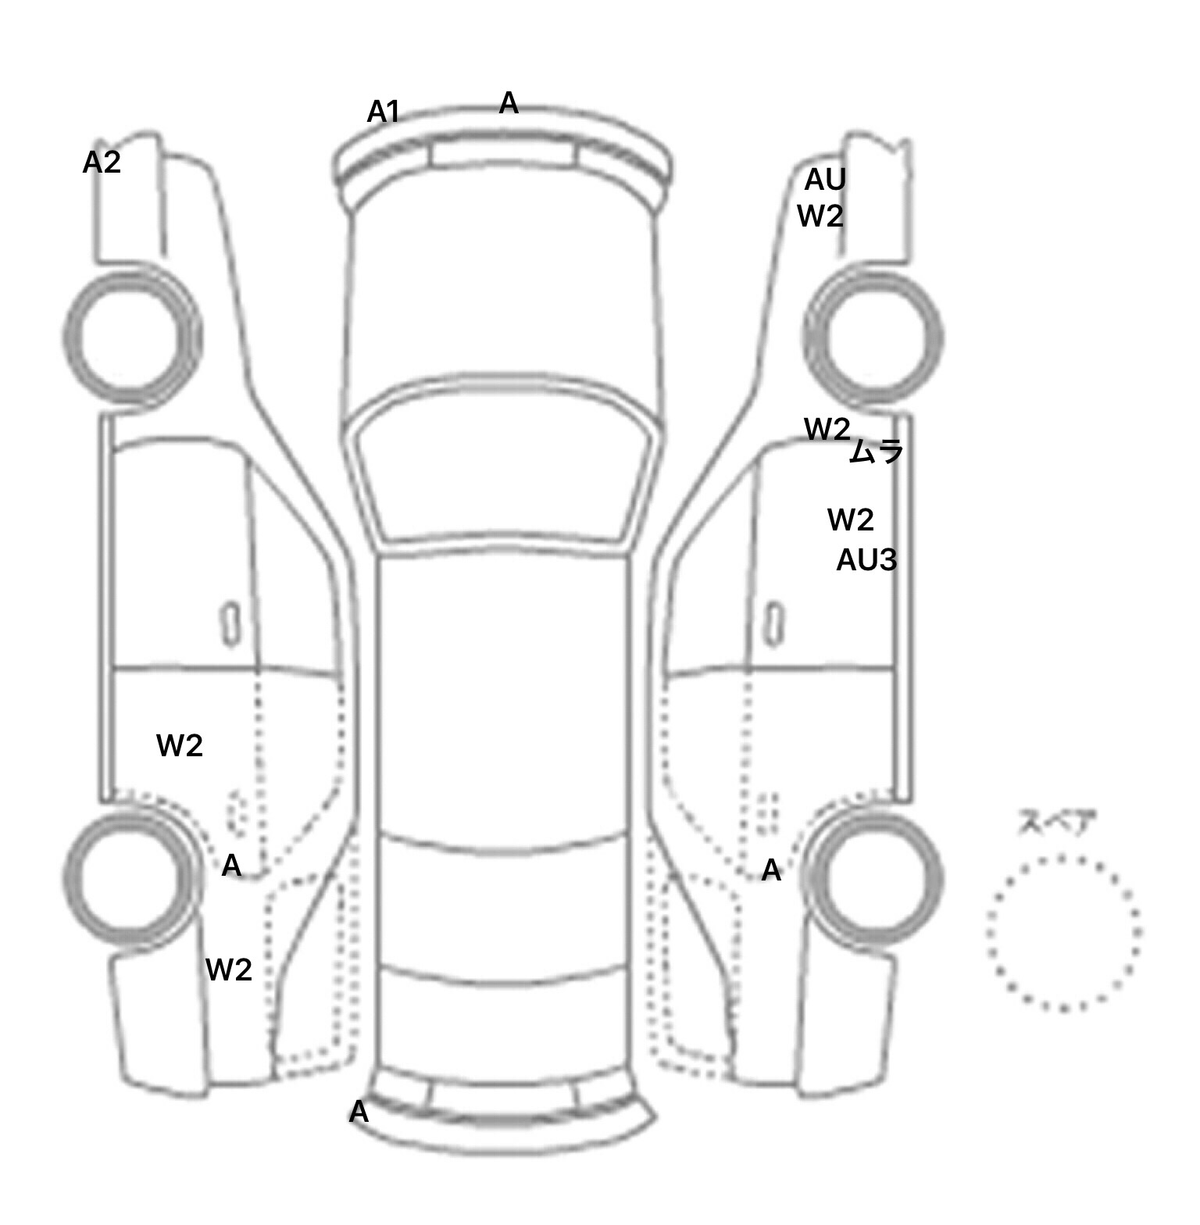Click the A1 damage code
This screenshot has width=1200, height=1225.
[384, 112]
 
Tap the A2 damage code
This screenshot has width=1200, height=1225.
[102, 162]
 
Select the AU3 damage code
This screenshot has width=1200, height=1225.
[866, 560]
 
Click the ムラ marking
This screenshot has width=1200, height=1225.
[876, 451]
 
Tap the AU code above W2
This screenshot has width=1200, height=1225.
[826, 180]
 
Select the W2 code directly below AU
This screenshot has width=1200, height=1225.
[820, 216]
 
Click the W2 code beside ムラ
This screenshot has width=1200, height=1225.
[827, 429]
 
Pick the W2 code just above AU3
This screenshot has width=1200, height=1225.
[851, 520]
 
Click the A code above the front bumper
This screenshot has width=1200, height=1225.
[509, 102]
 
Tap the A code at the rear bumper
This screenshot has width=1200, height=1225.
[359, 1112]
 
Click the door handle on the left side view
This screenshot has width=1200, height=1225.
[230, 624]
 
